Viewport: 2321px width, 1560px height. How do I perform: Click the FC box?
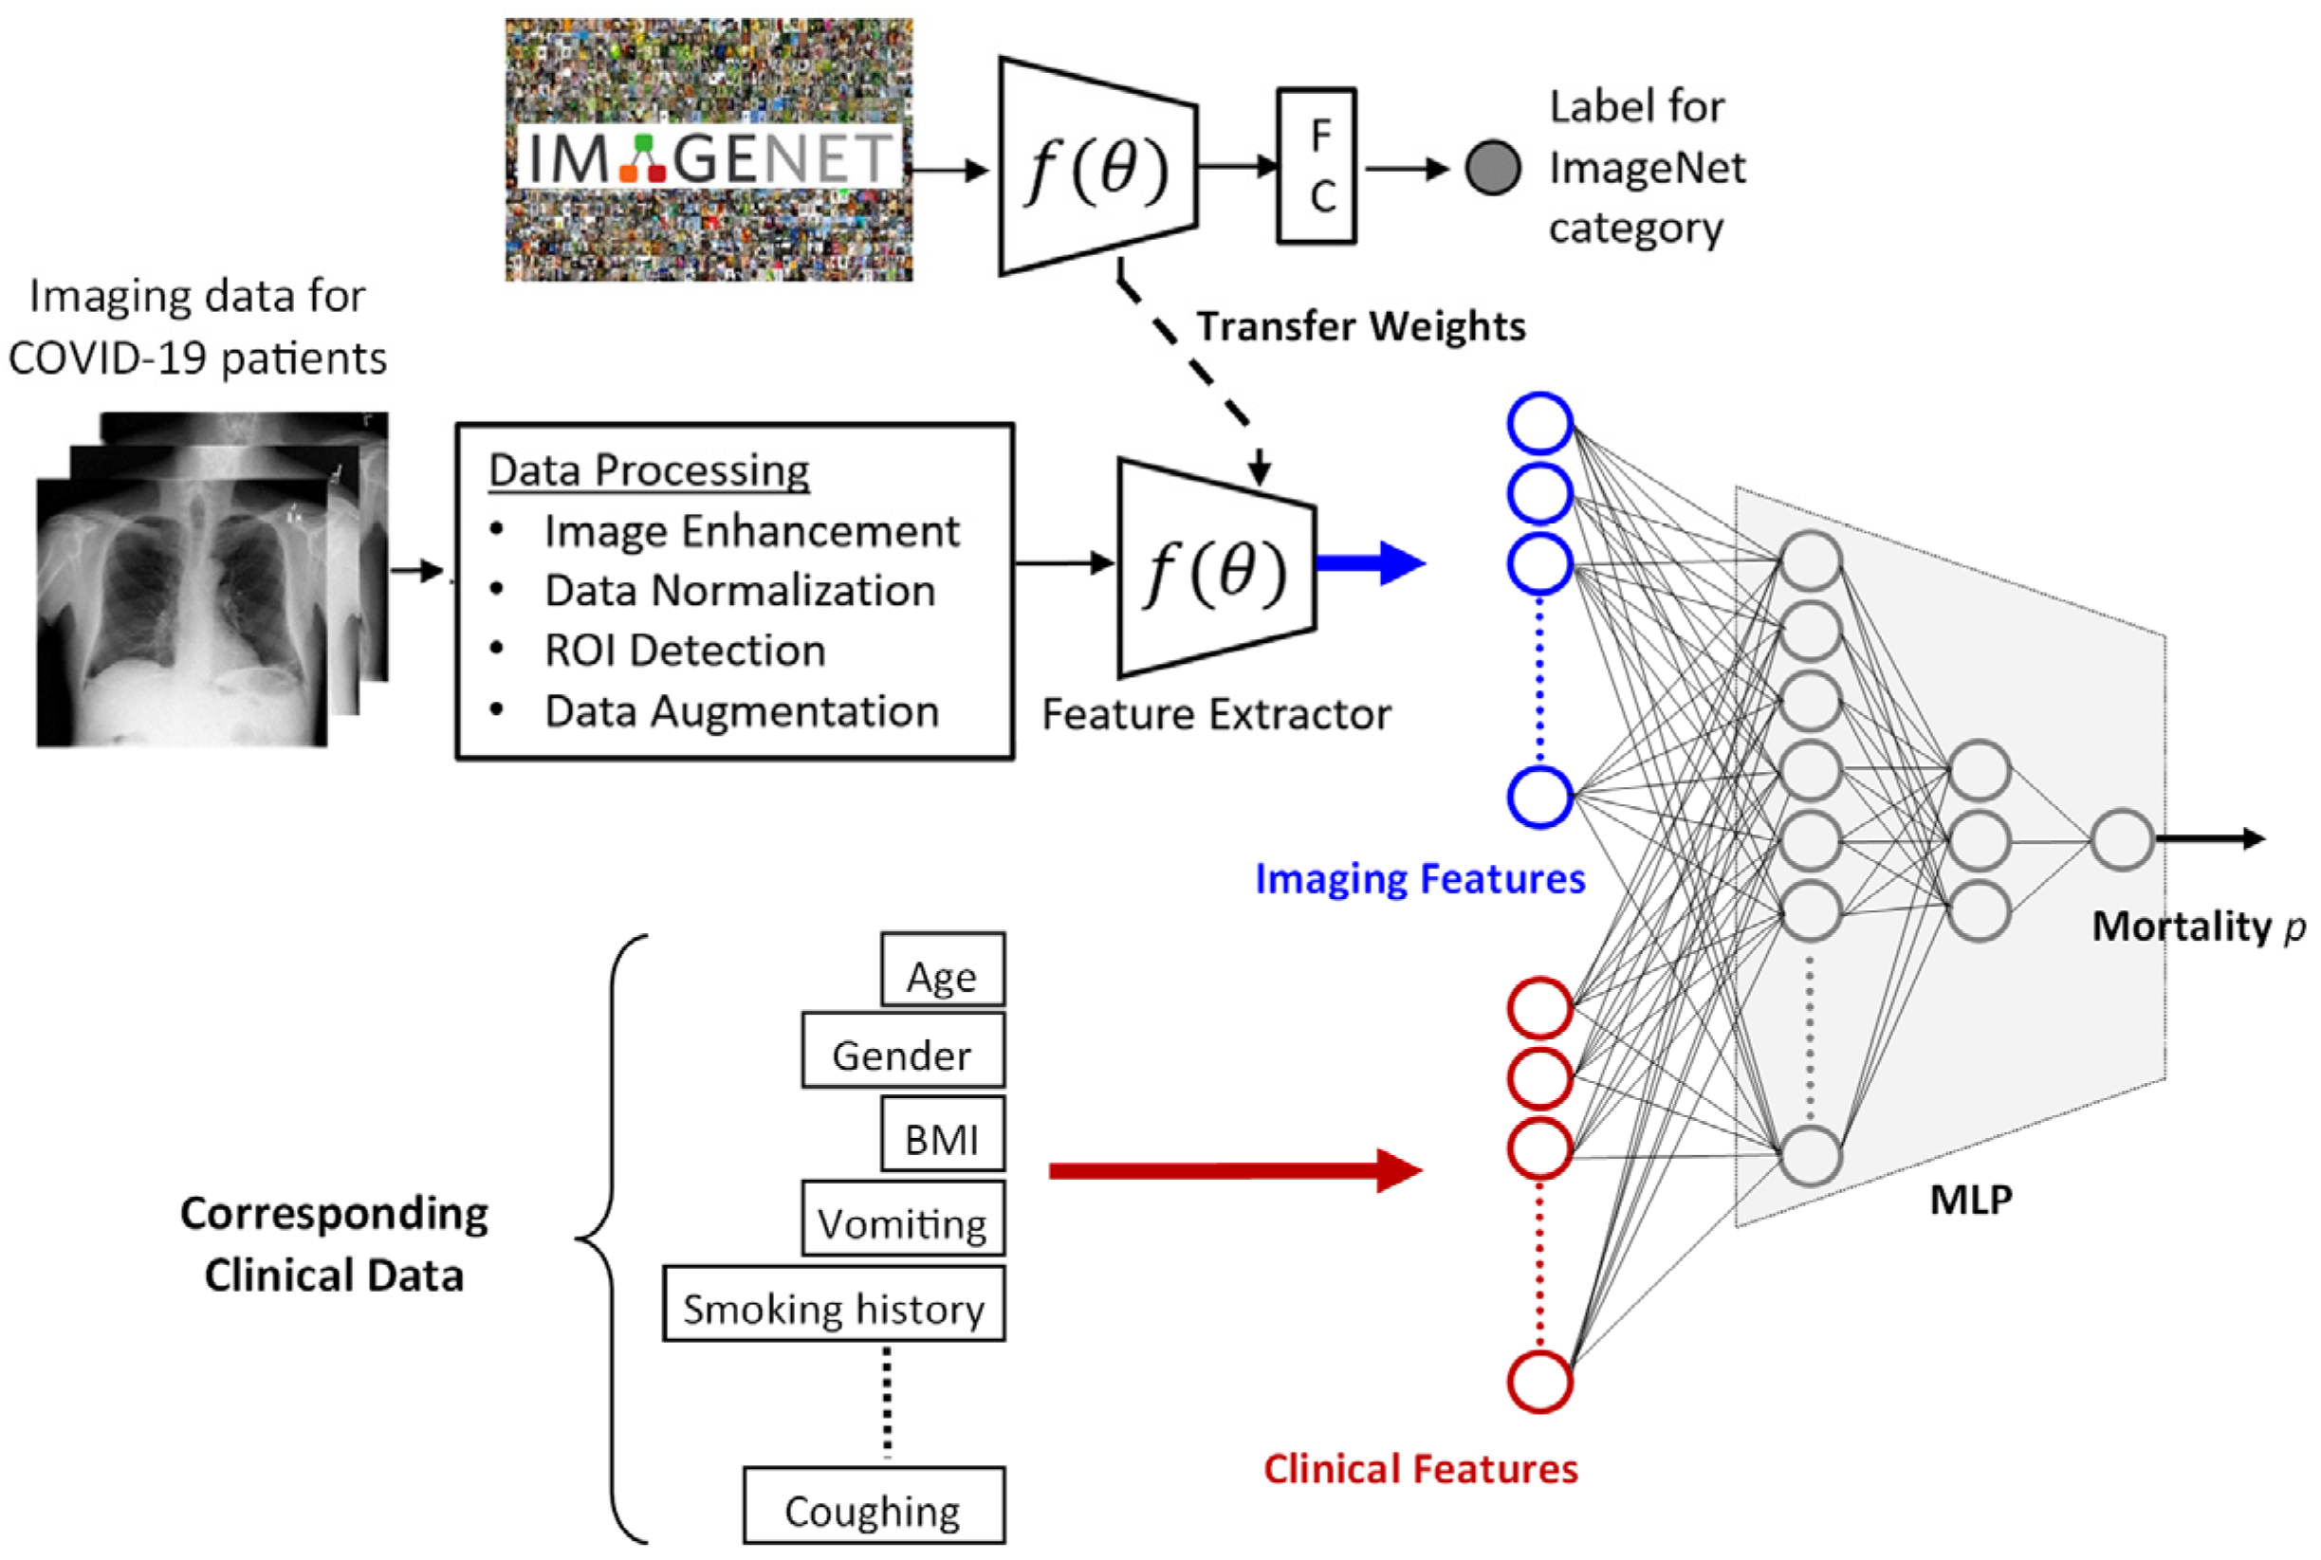tap(1316, 166)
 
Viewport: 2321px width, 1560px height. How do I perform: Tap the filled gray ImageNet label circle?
tap(1492, 168)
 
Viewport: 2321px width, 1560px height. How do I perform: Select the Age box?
tap(941, 971)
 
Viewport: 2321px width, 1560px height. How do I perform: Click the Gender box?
tap(902, 1052)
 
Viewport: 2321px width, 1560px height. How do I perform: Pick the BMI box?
tap(941, 1135)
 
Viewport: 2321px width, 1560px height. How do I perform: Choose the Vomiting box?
tap(902, 1220)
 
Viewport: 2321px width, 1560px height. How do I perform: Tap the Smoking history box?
tap(834, 1305)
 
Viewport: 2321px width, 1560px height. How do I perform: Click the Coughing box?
tap(873, 1506)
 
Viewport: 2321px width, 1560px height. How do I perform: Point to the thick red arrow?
tap(1234, 1171)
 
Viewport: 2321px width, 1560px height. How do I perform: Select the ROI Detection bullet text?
tap(685, 651)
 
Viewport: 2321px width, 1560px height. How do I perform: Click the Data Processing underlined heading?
tap(649, 469)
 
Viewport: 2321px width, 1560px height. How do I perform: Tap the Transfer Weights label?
tap(1360, 326)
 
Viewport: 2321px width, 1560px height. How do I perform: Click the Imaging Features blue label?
tap(1420, 878)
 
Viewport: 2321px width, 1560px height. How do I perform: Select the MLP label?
tap(1970, 1200)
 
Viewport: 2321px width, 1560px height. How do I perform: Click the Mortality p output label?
tap(2197, 927)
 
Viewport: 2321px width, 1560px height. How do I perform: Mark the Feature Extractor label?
tap(1216, 714)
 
